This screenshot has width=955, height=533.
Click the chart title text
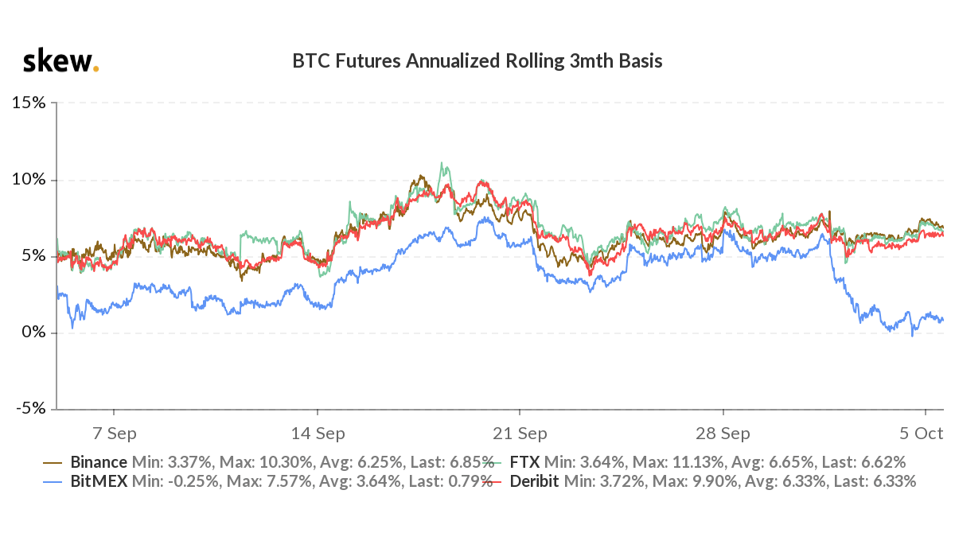(477, 61)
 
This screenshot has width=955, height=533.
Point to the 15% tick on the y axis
(28, 103)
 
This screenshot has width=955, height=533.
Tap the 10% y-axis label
(28, 180)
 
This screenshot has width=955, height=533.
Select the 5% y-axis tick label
(33, 256)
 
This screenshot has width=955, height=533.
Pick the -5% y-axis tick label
(29, 409)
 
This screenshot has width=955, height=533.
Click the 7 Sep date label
(115, 434)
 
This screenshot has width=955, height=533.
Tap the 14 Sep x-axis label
(318, 434)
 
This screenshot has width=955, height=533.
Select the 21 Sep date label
(520, 434)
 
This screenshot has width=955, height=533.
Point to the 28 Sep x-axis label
(723, 434)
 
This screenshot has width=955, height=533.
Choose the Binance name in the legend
(99, 462)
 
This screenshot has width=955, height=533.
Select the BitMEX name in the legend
(98, 481)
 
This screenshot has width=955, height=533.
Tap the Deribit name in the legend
(534, 481)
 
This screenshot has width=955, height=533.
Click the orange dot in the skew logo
(96, 69)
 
